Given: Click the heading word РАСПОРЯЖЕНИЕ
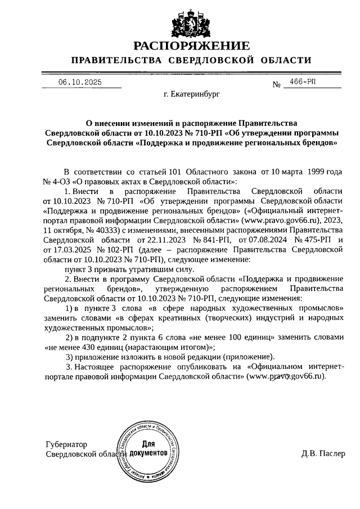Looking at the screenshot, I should pyautogui.click(x=191, y=46).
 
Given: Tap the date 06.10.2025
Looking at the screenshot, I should pyautogui.click(x=82, y=82).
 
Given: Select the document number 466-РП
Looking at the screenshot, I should pyautogui.click(x=303, y=82).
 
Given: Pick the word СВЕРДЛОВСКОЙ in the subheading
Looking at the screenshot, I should pyautogui.click(x=222, y=61).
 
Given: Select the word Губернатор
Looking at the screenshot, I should pyautogui.click(x=67, y=444).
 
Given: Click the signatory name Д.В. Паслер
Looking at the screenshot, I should pyautogui.click(x=323, y=454).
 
